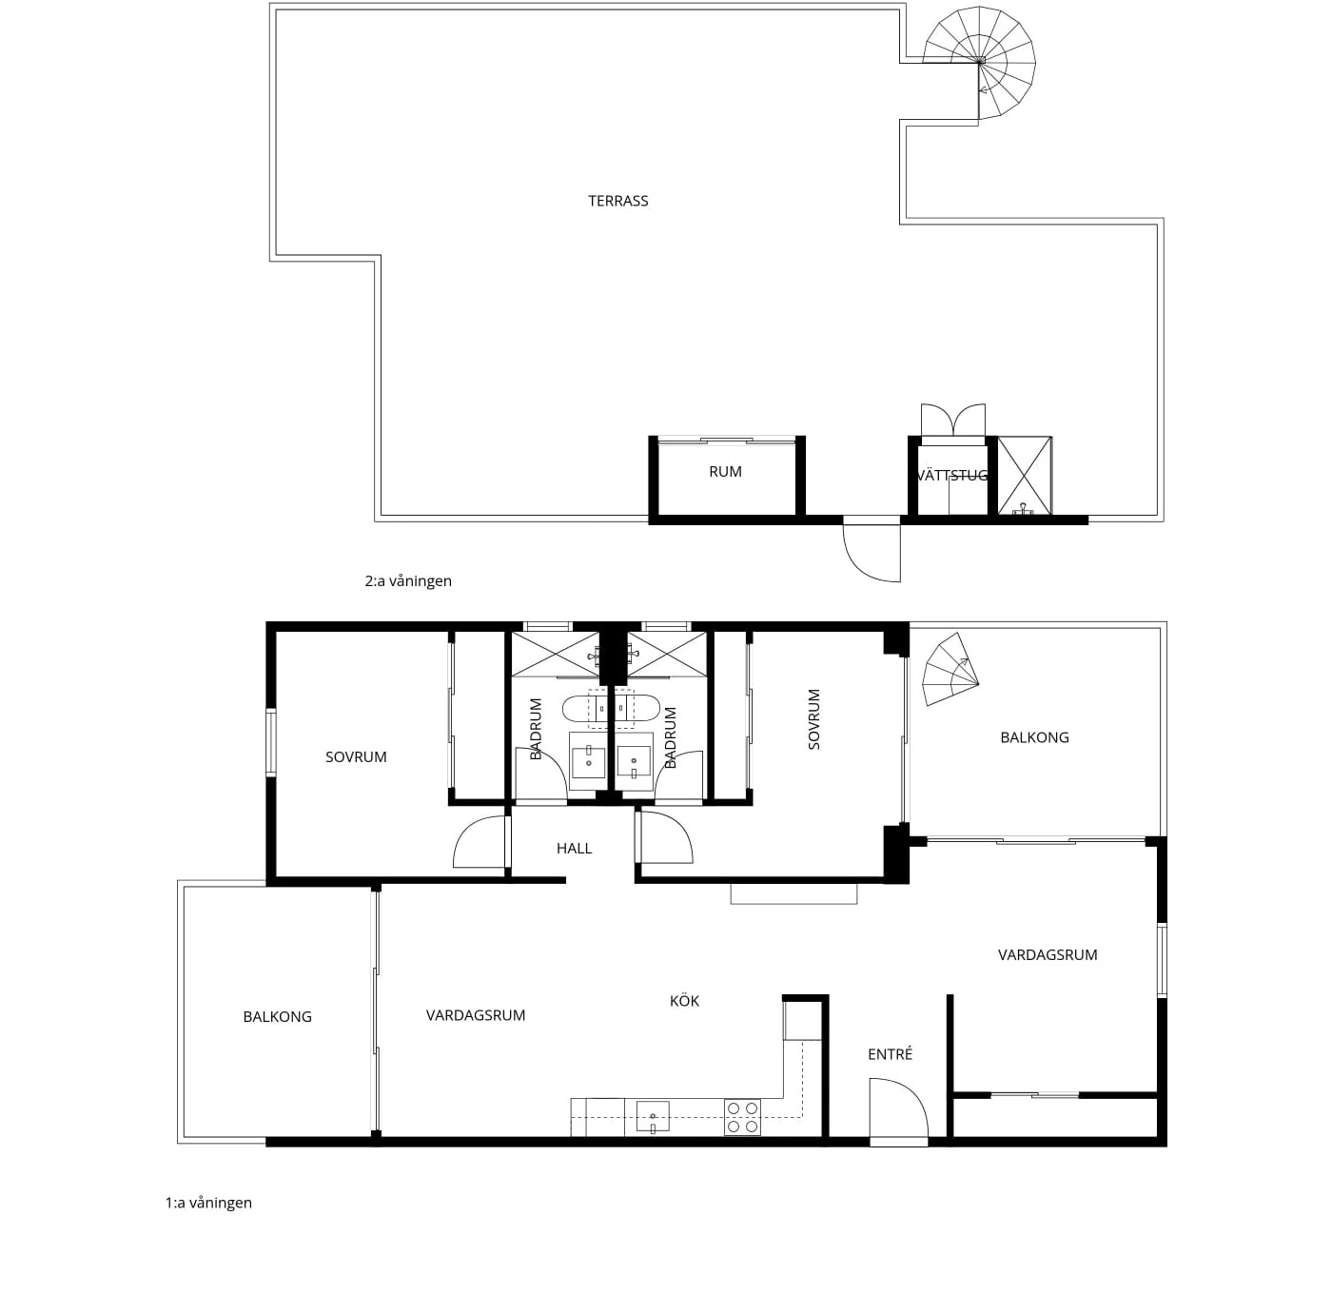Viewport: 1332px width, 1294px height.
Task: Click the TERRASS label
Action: (617, 201)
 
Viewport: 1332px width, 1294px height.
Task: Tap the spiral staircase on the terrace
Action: (979, 62)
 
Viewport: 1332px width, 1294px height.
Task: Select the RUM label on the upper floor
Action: (725, 471)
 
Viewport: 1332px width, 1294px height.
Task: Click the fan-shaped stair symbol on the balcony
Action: (950, 669)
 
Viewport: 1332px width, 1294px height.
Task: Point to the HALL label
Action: (574, 849)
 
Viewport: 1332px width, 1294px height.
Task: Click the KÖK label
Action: (684, 1001)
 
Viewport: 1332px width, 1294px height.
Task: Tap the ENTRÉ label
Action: (890, 1054)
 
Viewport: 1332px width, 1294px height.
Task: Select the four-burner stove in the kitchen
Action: (742, 1117)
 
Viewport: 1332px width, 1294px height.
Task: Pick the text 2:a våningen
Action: (408, 580)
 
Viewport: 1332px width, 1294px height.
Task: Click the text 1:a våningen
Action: (208, 1203)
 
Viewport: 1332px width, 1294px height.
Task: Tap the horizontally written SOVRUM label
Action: (355, 756)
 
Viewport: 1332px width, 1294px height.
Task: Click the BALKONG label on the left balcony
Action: (277, 1017)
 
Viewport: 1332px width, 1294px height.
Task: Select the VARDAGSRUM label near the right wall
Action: (1048, 954)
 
